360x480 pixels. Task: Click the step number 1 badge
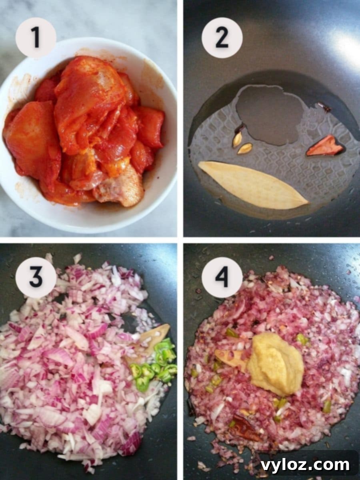click(36, 38)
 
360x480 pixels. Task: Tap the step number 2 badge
click(222, 38)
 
